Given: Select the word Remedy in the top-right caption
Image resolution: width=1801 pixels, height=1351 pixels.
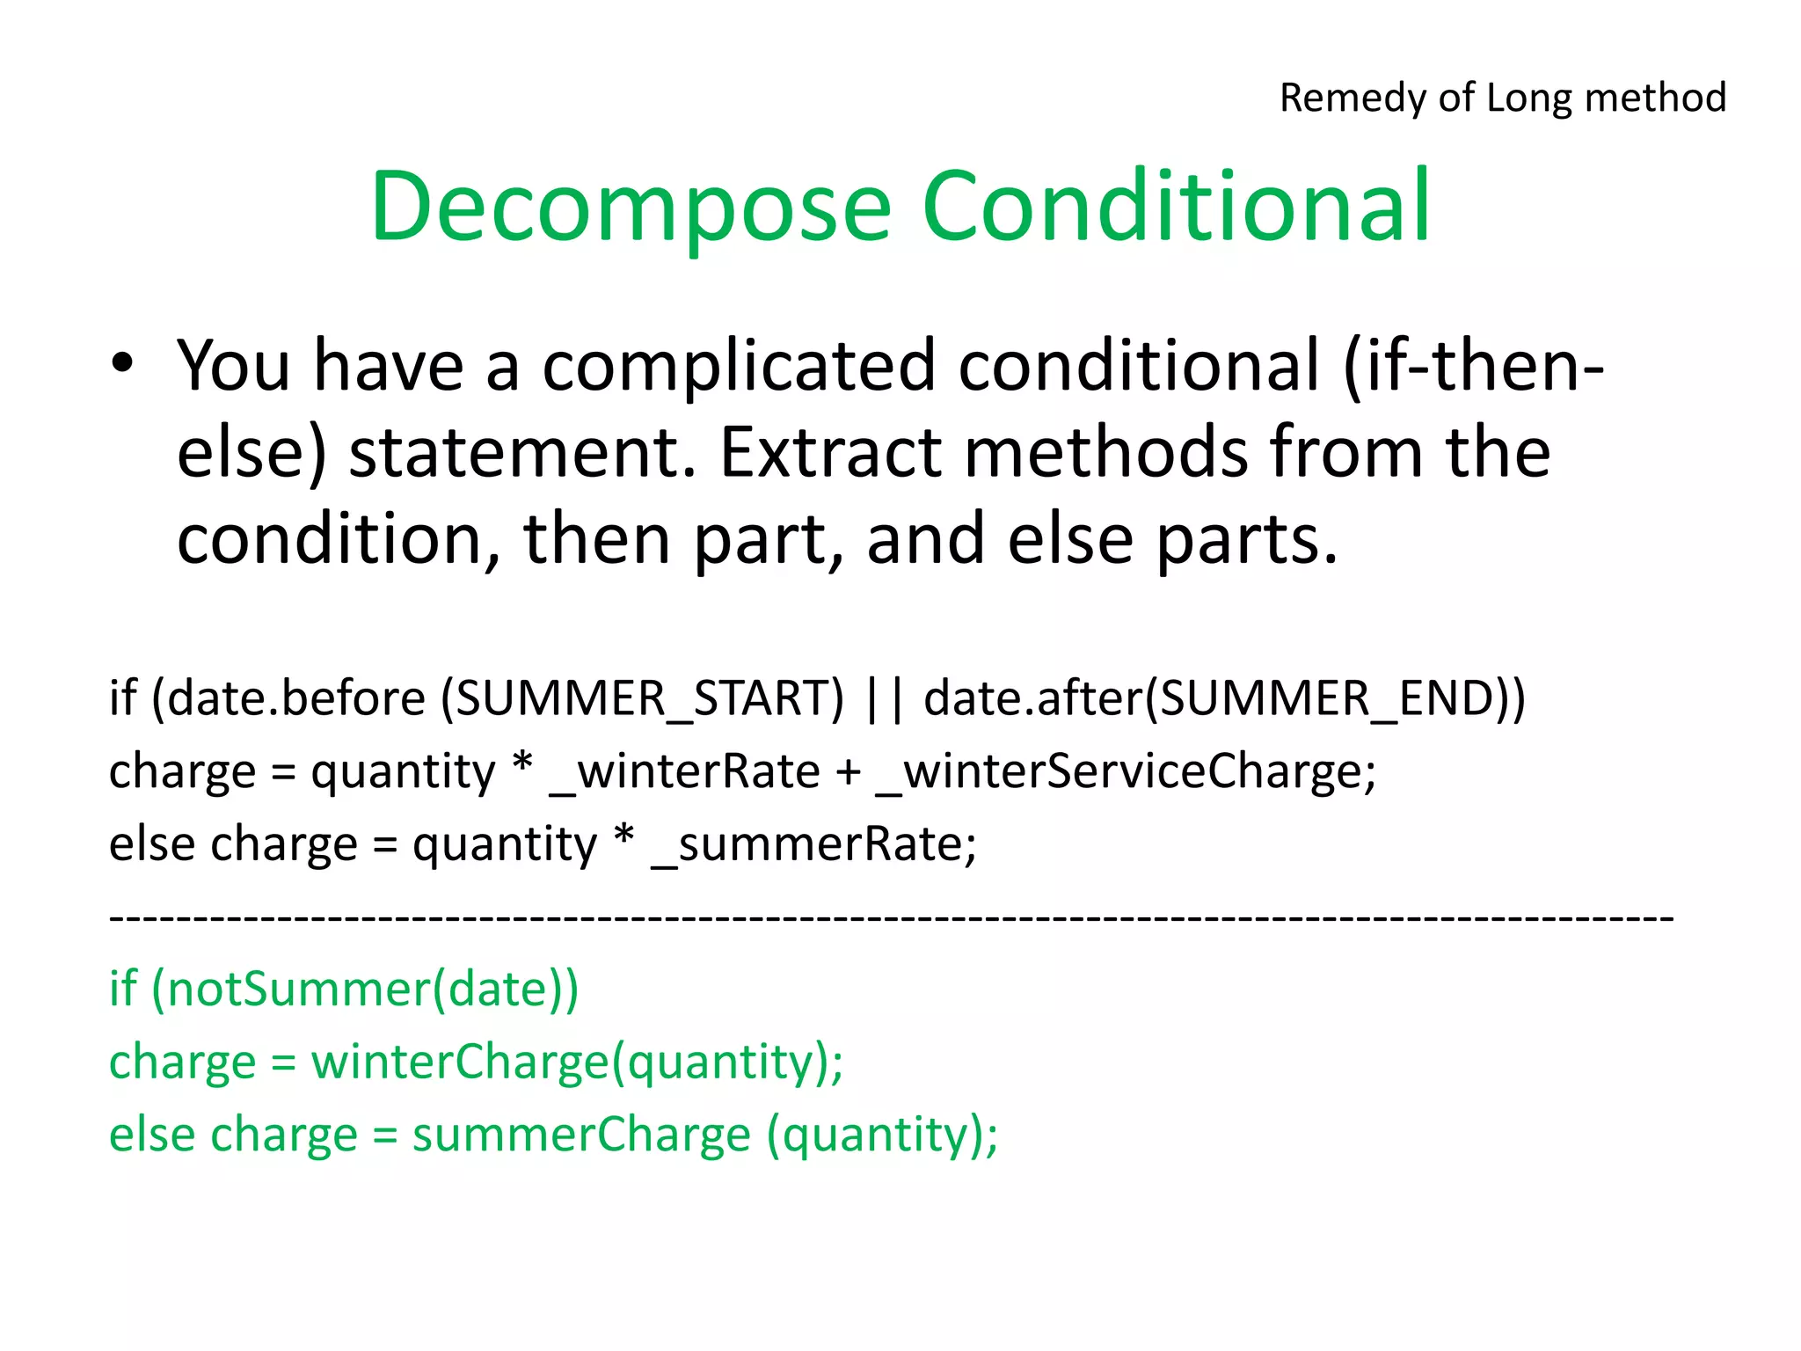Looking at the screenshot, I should point(1353,98).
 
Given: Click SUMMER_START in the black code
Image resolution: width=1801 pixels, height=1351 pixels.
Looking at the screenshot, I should point(641,698).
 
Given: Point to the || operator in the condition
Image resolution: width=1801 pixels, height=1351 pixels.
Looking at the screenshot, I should point(884,698).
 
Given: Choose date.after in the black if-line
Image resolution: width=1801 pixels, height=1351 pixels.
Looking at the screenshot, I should point(1032,698).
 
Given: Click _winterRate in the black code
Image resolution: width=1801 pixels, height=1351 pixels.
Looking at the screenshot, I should point(684,771).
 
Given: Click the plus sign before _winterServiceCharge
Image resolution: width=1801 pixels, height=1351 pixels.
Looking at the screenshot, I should point(848,773).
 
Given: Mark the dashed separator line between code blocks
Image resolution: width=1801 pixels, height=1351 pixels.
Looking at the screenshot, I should point(890,918).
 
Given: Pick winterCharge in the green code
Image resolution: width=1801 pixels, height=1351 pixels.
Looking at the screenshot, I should point(460,1062).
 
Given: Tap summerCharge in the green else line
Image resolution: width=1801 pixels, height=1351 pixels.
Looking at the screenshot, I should point(581,1135).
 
